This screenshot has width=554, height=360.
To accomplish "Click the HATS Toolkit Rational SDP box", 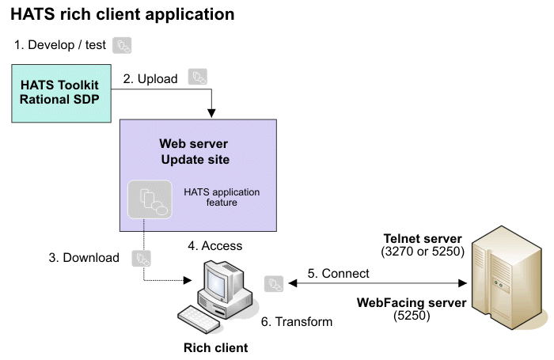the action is [61, 93].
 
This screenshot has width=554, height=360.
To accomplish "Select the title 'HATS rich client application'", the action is [122, 14].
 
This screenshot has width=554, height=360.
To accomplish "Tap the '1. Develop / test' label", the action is [59, 45].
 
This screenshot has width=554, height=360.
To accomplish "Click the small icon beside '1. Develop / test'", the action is [122, 46].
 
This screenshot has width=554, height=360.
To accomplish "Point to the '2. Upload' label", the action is [150, 79].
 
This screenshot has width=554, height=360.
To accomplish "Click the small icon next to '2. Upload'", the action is [198, 77].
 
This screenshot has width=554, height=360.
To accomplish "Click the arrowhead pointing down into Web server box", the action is [211, 113].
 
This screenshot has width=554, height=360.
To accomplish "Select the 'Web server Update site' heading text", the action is [195, 152].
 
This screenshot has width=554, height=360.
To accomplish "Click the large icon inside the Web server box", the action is [150, 199].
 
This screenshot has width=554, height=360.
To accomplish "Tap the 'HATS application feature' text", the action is [222, 197].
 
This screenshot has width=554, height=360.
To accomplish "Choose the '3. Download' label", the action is [84, 258].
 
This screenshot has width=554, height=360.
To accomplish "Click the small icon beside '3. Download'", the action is [142, 259].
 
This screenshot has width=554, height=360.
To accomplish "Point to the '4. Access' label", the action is [214, 245].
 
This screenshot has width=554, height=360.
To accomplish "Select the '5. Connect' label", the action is [338, 274].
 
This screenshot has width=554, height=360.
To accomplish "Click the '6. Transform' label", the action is [297, 322].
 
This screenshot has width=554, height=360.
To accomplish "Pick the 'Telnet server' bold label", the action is [423, 238].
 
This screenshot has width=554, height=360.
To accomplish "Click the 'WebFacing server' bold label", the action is [412, 303].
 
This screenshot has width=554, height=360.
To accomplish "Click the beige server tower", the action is [507, 278].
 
